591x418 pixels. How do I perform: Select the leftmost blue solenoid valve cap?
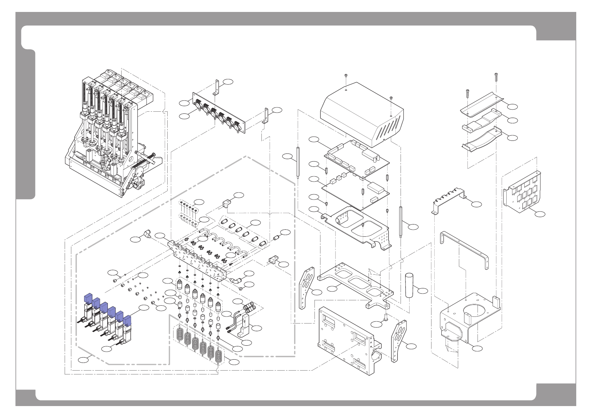[x=87, y=298]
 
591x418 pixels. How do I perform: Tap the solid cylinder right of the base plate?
[x=410, y=285]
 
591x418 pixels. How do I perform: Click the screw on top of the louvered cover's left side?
[x=346, y=76]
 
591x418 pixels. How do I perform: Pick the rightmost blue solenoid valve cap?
[x=127, y=321]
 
